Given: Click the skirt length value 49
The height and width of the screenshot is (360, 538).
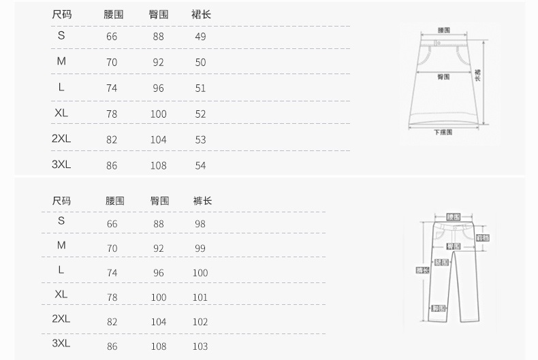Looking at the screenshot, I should click(200, 36).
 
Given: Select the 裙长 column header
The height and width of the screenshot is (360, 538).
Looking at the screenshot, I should click(202, 14).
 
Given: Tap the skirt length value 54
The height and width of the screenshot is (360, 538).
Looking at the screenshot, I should click(200, 165).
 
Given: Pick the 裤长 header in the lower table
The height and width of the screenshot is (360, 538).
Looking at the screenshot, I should click(202, 201).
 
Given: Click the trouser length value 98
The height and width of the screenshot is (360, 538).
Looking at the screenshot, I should click(200, 224).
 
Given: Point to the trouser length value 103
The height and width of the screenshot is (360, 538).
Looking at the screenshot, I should click(200, 346).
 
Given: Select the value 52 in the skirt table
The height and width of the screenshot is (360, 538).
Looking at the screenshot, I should click(200, 114).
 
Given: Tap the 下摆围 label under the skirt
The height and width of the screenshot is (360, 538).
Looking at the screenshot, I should click(443, 133).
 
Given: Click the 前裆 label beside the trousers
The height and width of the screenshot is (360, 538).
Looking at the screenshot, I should click(481, 238).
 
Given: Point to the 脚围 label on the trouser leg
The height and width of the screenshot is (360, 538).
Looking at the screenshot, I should click(439, 308).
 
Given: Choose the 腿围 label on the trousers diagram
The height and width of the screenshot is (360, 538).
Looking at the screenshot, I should click(441, 262).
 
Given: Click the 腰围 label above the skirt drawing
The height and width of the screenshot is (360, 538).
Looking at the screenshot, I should click(443, 30).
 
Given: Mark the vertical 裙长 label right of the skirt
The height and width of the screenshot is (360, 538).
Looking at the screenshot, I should click(477, 75).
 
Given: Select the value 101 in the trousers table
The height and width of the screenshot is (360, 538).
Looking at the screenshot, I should click(200, 297).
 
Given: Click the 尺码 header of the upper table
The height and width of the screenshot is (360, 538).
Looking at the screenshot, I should click(61, 14).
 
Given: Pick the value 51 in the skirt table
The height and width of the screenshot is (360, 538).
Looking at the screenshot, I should click(200, 88).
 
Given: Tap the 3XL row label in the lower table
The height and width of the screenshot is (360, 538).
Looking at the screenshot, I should click(61, 344).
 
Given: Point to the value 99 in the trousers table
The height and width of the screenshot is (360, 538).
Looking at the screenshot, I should click(200, 248).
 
